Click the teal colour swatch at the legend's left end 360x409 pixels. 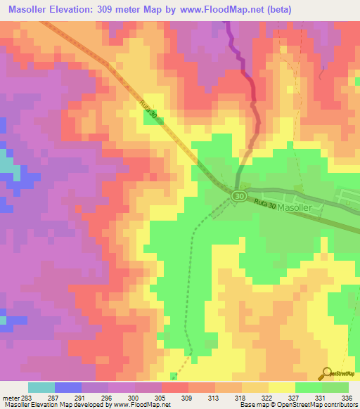coord(41,387)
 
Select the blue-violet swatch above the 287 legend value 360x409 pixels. coord(68,387)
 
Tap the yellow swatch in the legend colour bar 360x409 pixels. coord(282,387)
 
